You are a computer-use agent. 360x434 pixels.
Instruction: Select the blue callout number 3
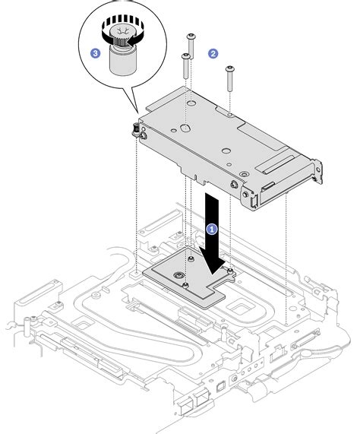coord(95,52)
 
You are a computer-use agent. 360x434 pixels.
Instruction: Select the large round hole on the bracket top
coord(184,129)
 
